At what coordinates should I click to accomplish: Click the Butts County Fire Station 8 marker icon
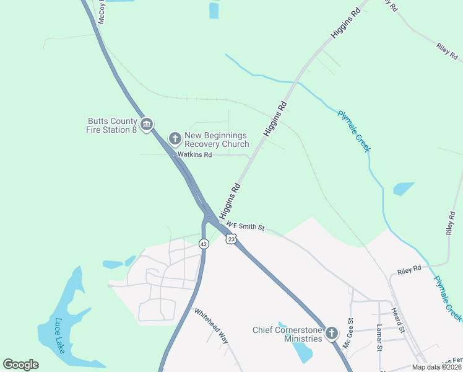(147, 125)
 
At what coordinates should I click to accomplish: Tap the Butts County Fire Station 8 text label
(111, 125)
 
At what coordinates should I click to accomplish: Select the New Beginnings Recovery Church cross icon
(175, 138)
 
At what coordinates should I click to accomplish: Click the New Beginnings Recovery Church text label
(217, 139)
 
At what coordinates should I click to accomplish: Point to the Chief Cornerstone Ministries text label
(287, 334)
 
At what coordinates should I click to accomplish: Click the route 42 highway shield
(204, 244)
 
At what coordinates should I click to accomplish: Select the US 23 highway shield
(231, 239)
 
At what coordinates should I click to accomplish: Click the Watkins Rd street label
(195, 154)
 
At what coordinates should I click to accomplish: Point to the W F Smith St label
(245, 226)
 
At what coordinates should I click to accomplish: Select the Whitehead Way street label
(212, 325)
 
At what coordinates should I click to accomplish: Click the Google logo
(21, 365)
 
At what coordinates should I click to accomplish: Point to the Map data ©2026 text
(437, 367)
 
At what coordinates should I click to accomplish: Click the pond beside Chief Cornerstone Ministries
(302, 351)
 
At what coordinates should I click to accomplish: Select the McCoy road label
(101, 11)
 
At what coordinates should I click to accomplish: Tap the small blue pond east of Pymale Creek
(404, 188)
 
